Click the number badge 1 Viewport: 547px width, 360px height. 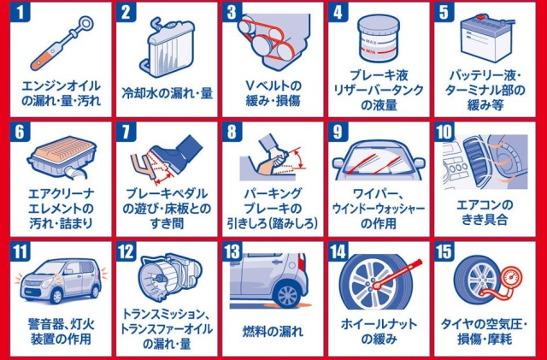[21, 12]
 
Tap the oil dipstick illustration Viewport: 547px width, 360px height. [62, 43]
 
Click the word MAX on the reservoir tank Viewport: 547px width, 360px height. [370, 42]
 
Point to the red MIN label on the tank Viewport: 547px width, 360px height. [370, 51]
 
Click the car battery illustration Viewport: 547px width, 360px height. [487, 38]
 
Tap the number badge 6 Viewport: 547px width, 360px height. [21, 132]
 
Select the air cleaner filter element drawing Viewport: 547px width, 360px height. [62, 157]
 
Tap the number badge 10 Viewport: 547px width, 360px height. [444, 132]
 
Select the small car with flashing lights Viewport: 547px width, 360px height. [61, 280]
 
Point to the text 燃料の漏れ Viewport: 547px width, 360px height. [273, 332]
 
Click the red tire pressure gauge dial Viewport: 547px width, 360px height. [510, 279]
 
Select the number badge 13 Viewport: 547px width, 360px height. [232, 251]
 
